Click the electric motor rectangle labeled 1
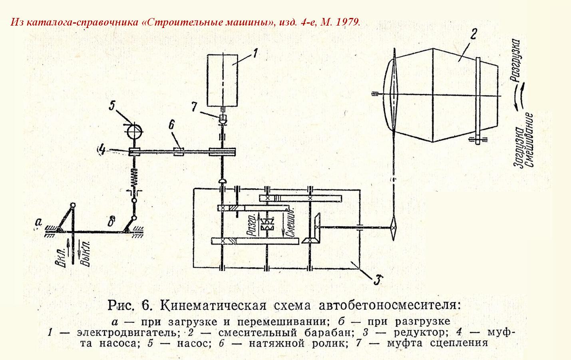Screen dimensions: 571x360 point(223,80)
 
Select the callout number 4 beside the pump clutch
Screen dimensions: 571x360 point(102,150)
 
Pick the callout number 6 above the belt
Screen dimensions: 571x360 point(171,125)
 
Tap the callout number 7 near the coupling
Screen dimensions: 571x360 point(194,107)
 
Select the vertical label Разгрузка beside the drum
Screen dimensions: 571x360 point(516,60)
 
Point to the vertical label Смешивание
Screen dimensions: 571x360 point(528,140)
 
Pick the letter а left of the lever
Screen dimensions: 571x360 point(38,222)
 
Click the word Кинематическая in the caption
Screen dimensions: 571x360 point(213,305)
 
